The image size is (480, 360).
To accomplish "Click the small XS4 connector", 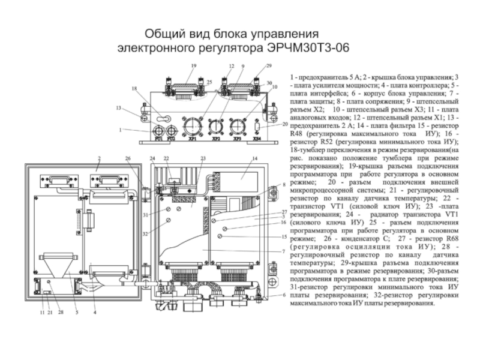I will click(x=257, y=128).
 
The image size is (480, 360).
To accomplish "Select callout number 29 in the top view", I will click(x=268, y=65).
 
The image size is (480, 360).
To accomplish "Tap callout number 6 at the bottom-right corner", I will click(x=284, y=295).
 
